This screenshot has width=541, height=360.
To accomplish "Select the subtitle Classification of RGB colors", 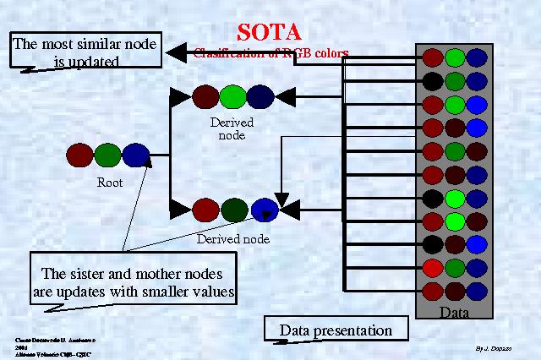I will (x=270, y=52).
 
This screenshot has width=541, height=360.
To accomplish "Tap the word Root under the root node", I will (x=110, y=182).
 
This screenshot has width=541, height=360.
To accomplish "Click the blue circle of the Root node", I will (x=135, y=155).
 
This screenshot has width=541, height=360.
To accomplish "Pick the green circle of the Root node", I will (x=107, y=155).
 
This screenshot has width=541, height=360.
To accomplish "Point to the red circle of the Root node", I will (x=79, y=155).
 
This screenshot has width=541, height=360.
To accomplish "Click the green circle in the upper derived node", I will (x=232, y=97).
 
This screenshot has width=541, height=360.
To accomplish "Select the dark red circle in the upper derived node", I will (x=205, y=97).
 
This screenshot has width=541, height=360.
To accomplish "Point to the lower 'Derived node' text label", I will (x=233, y=239).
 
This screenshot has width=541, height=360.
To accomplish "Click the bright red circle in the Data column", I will (x=433, y=269).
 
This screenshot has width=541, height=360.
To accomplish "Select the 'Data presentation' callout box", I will (x=336, y=330).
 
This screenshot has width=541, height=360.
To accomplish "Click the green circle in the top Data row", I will (x=456, y=58).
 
